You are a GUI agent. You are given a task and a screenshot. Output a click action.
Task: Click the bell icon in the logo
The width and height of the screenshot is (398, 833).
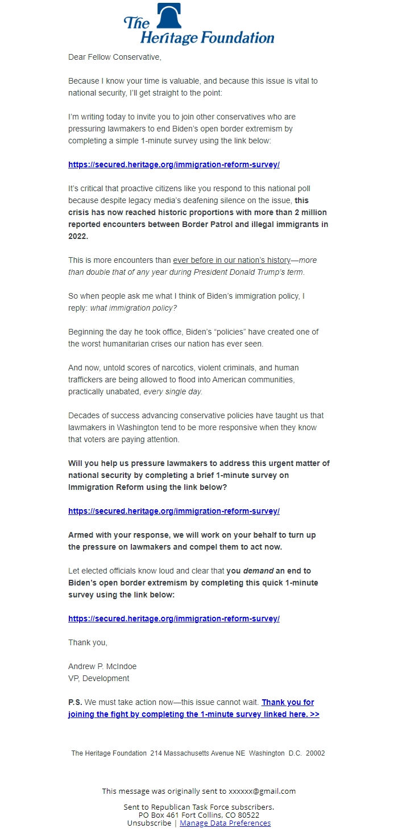coord(168,15)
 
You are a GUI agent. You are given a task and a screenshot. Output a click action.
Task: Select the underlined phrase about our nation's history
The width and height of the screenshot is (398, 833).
coord(231,260)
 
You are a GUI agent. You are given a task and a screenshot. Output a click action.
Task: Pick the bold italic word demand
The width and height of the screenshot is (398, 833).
coord(258,571)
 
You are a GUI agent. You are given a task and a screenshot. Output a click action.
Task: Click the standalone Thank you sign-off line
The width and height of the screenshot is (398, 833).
coord(88,642)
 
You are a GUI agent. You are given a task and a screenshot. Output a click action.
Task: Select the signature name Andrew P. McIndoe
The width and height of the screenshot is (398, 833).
coord(102,666)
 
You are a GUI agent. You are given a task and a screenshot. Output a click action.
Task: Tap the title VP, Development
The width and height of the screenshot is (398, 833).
coord(99,678)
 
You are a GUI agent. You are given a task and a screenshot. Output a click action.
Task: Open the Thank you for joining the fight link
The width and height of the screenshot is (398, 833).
coord(193,714)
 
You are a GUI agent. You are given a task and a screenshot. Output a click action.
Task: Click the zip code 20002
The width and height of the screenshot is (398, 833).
coord(316,753)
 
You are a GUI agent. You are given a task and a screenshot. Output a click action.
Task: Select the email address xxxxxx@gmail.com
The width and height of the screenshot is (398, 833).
coord(262,791)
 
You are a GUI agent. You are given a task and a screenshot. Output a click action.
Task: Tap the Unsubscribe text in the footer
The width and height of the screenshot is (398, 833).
coord(149,823)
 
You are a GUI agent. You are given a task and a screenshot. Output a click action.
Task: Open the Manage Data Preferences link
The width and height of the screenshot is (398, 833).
coord(225,823)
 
